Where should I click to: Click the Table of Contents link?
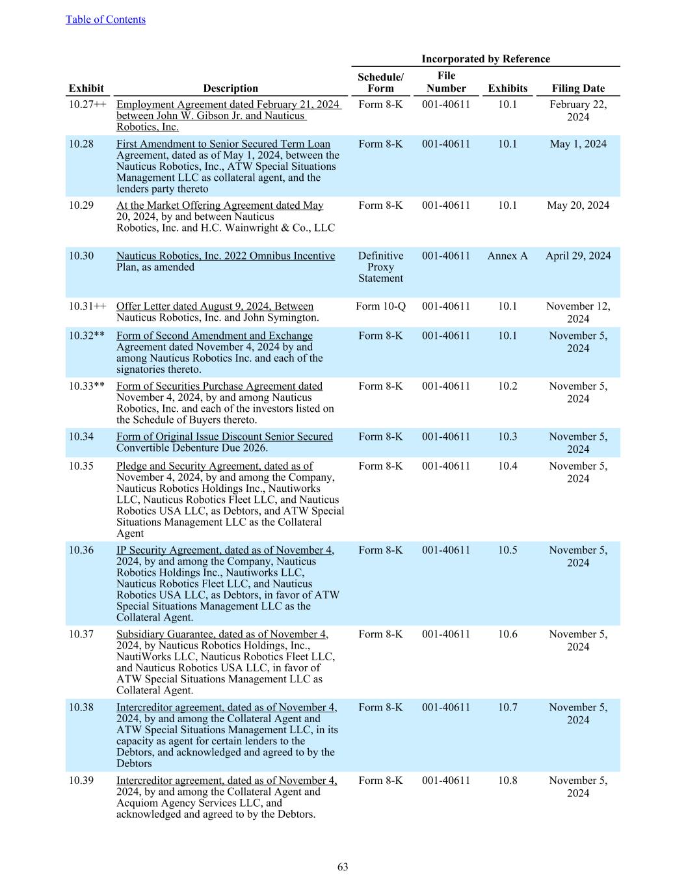click(105, 20)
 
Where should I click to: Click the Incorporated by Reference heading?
click(485, 59)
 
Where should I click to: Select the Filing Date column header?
click(578, 88)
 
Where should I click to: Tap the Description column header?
click(230, 88)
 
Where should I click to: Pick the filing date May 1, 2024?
click(578, 144)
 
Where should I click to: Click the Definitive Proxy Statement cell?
click(380, 267)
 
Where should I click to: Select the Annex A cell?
click(507, 256)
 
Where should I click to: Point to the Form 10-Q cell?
click(380, 306)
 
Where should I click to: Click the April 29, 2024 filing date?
click(578, 256)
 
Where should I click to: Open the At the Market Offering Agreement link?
click(220, 205)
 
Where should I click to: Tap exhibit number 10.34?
click(81, 437)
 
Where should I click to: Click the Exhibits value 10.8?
click(507, 780)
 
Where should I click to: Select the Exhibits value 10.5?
click(507, 550)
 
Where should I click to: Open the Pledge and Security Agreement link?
click(215, 466)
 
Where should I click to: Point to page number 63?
click(343, 867)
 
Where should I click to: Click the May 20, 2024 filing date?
click(578, 205)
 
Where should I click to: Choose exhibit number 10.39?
click(81, 780)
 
